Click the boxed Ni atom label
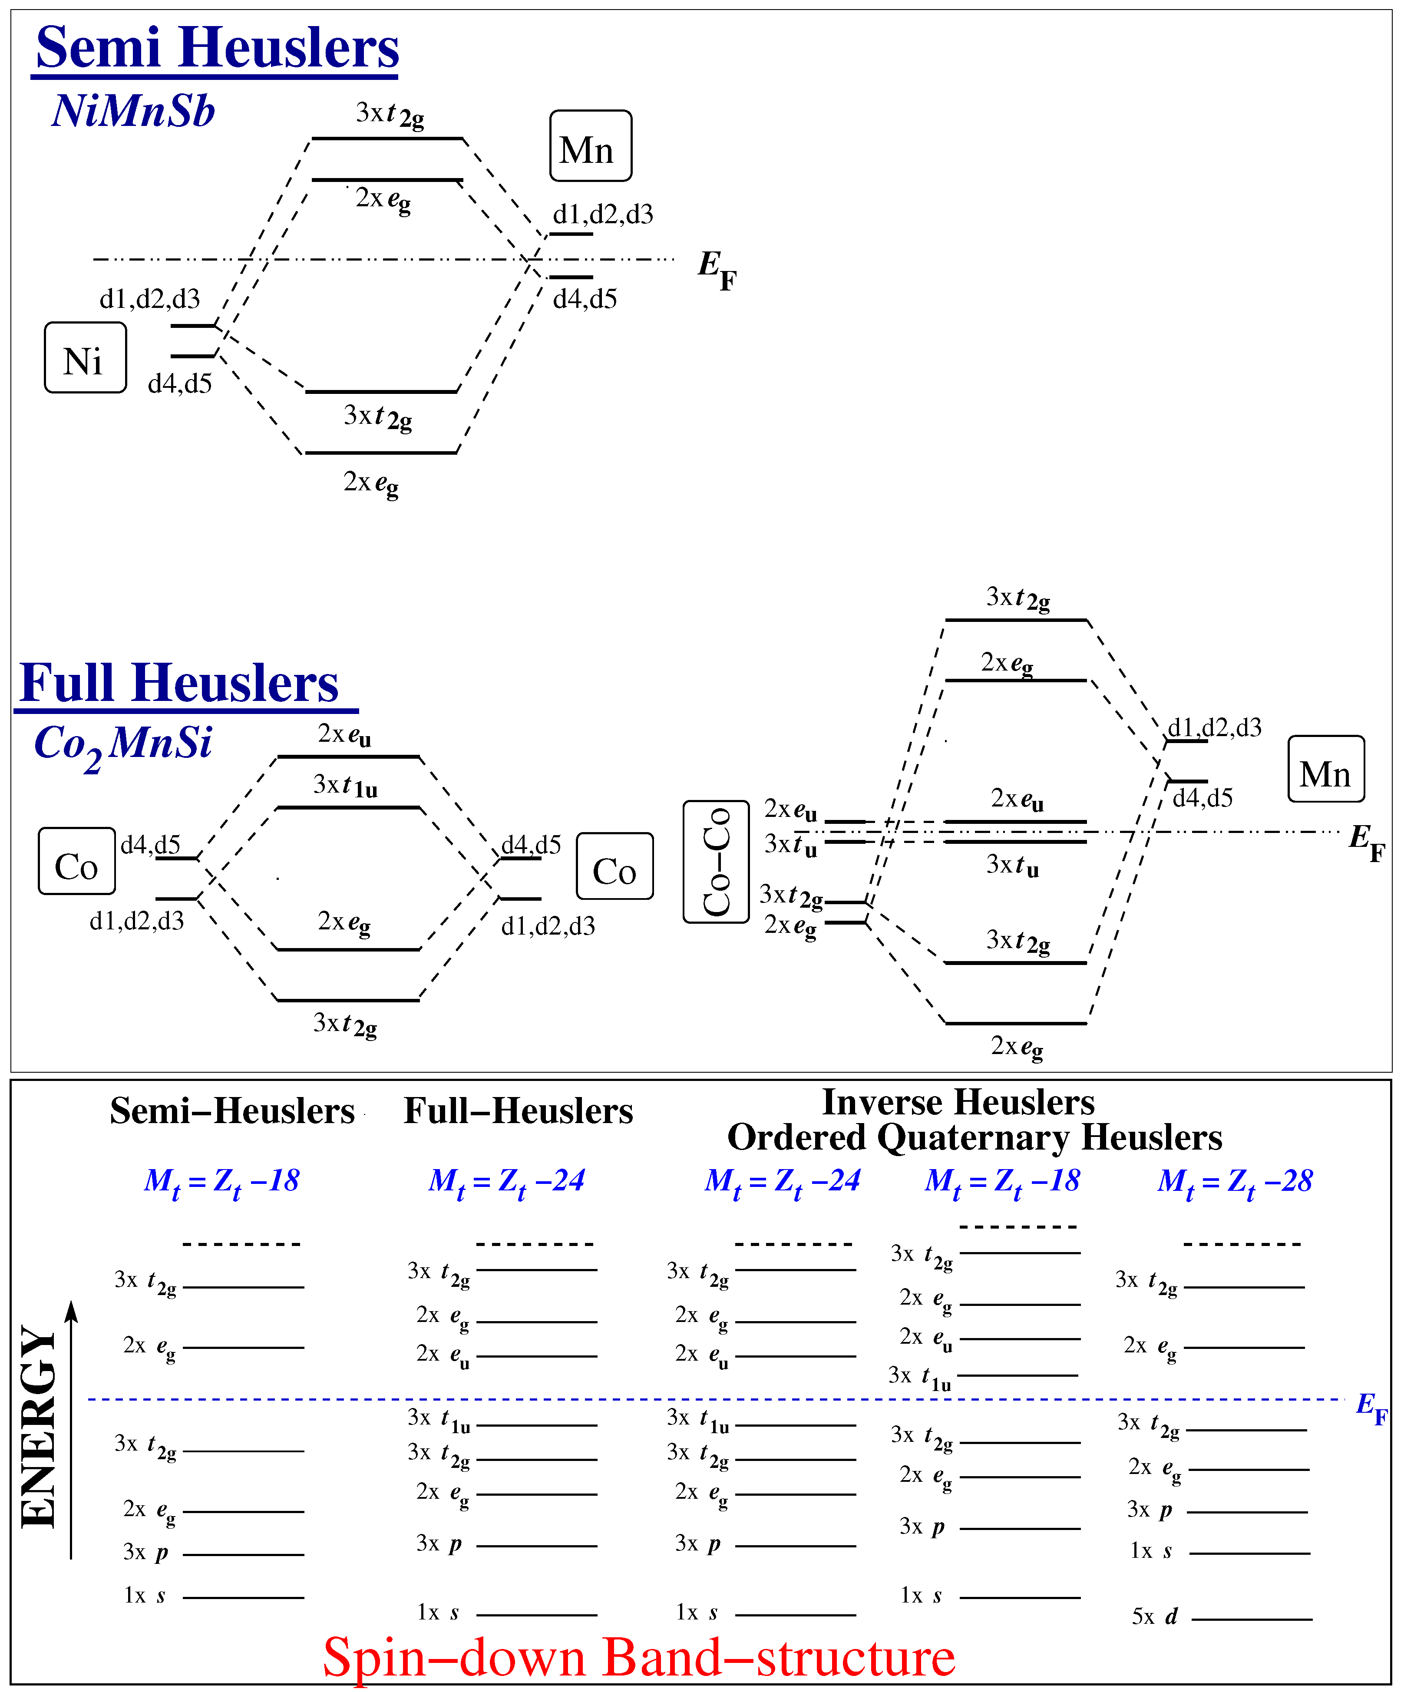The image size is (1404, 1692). click(86, 358)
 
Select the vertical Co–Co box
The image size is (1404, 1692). click(715, 861)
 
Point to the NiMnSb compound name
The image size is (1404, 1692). click(134, 111)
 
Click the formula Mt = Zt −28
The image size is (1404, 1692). click(1235, 1182)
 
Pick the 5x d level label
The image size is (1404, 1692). click(1154, 1616)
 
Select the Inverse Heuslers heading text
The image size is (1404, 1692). click(958, 1102)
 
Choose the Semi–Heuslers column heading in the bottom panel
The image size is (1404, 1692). click(232, 1112)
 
